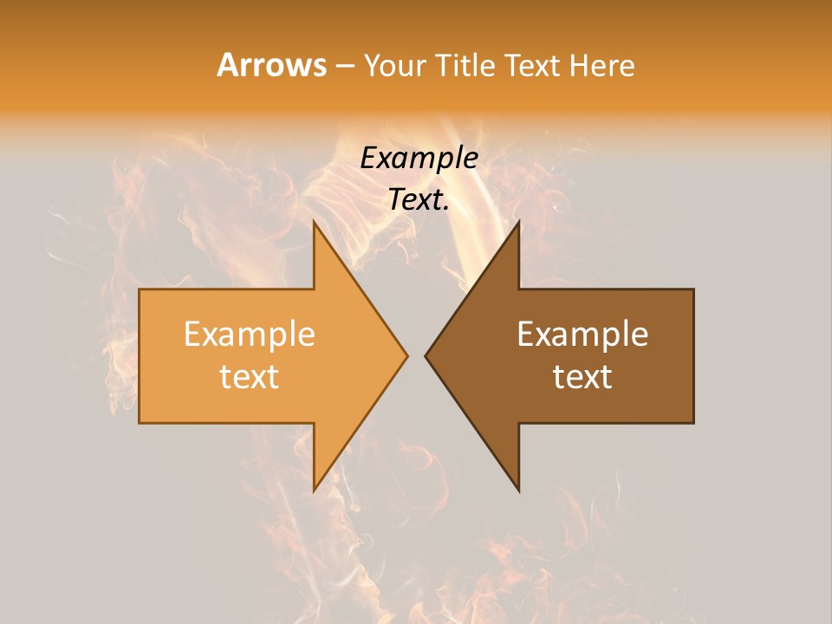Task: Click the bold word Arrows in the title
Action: click(x=271, y=65)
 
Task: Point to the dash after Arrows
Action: click(x=344, y=67)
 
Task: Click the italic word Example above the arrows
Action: click(x=419, y=158)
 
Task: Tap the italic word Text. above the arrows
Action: click(x=419, y=200)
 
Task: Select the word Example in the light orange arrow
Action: click(x=249, y=334)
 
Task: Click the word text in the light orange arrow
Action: click(x=249, y=376)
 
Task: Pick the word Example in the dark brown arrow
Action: click(x=582, y=334)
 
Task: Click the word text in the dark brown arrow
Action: click(x=582, y=376)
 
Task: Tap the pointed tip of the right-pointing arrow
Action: click(x=406, y=355)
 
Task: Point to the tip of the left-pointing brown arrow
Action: click(x=427, y=355)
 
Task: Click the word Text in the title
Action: click(x=532, y=65)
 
